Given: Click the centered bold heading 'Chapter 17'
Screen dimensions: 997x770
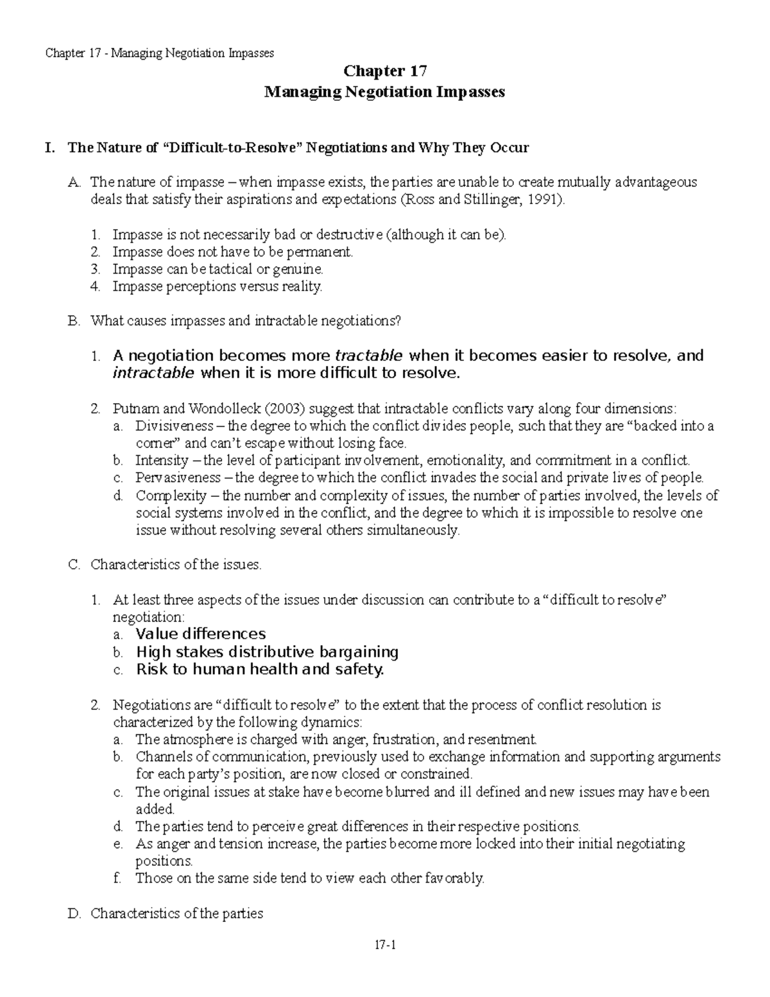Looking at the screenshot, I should [x=385, y=71].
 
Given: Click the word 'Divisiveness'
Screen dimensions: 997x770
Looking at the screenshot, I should [x=174, y=426].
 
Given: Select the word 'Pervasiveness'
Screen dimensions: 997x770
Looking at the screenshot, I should [x=178, y=478].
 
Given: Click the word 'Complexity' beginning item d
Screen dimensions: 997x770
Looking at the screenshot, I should [x=171, y=495].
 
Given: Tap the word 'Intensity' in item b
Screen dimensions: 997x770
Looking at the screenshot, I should [x=162, y=460].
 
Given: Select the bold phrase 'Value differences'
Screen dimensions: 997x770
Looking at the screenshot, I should [x=201, y=634].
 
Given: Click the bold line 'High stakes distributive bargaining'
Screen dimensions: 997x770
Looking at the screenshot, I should [x=267, y=652].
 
